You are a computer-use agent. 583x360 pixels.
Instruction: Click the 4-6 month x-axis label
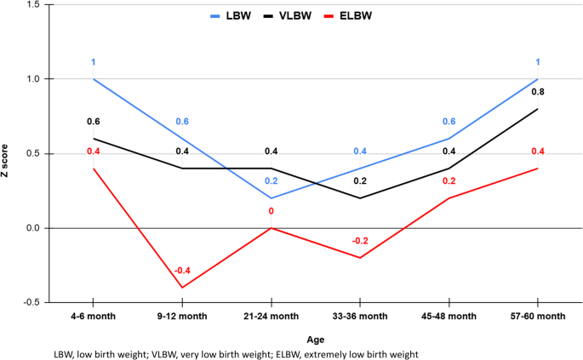point(93,316)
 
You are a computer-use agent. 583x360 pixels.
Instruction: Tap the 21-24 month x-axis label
point(271,316)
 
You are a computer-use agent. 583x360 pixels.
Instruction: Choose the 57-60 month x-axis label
point(537,316)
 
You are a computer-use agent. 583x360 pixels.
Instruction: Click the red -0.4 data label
point(182,271)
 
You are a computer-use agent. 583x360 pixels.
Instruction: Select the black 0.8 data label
point(537,92)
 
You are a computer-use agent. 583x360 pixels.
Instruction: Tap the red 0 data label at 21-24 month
point(271,211)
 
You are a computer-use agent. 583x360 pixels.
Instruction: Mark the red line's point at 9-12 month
point(182,288)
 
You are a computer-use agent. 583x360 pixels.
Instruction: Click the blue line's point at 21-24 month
point(271,198)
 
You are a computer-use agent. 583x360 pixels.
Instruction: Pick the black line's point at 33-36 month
point(359,198)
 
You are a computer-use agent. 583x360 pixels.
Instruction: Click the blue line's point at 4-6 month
point(93,79)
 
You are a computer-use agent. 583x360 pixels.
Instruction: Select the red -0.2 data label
point(359,241)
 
